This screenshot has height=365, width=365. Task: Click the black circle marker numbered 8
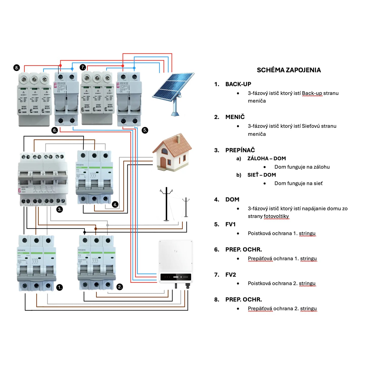coord(17,68)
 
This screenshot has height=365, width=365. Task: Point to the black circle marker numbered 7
coord(83,67)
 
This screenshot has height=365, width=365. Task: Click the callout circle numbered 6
coord(55,130)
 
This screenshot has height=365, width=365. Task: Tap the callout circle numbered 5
coord(145,130)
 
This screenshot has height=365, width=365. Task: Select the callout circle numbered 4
coord(115,204)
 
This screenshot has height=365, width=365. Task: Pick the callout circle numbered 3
coord(60,209)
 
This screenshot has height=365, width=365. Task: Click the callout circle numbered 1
coord(59,287)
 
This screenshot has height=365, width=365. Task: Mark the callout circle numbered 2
coord(120,287)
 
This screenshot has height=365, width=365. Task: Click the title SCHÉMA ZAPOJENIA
coord(289,70)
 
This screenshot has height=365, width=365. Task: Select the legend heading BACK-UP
coord(238,84)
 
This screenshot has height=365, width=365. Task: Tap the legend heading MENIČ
coord(235,117)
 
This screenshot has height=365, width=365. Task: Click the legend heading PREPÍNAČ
coord(240,150)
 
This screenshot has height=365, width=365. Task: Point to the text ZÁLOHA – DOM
coord(266,158)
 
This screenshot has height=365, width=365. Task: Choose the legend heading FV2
coord(231,275)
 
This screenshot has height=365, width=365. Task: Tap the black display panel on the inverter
coord(176,277)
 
